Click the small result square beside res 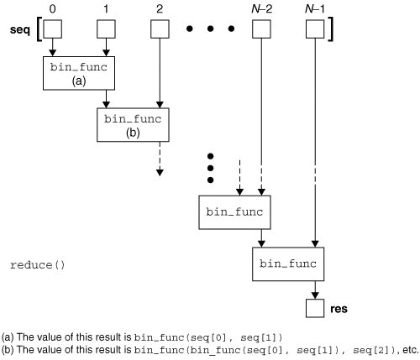click(314, 310)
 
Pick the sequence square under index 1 click(107, 30)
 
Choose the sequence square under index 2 click(159, 30)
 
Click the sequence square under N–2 click(261, 30)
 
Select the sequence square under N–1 click(314, 30)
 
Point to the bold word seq click(18, 30)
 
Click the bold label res click(339, 310)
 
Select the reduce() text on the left click(37, 265)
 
